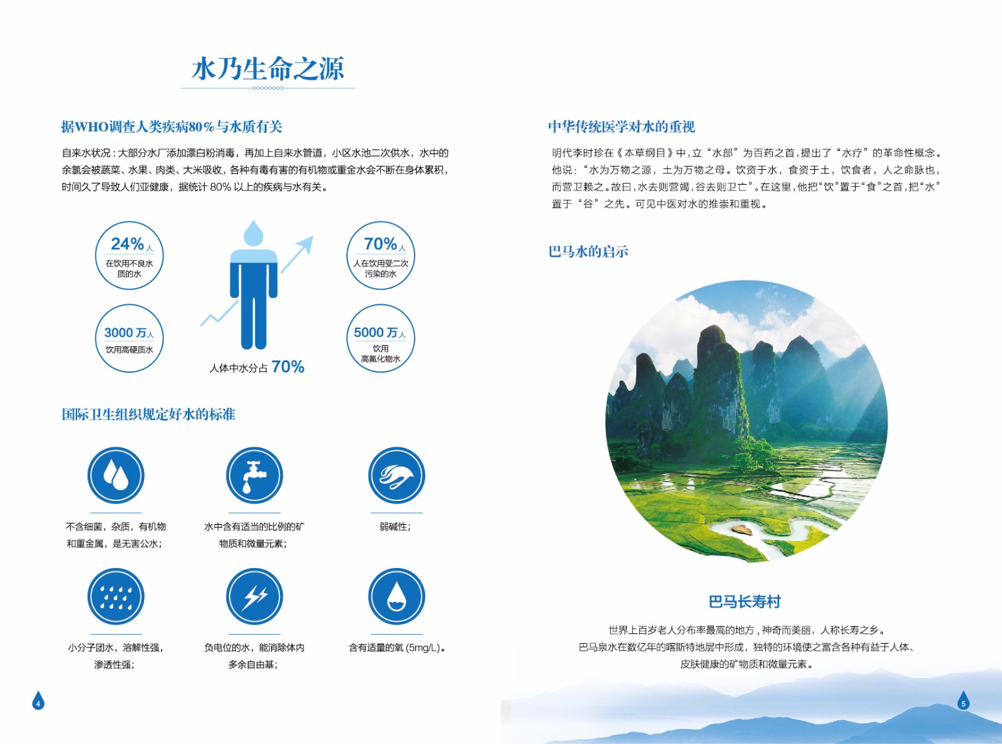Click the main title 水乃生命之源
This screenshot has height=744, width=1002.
268,69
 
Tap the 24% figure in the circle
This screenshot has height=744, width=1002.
127,244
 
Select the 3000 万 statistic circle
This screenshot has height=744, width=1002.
129,338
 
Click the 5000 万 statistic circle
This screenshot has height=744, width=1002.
380,338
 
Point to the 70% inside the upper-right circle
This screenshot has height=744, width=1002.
380,244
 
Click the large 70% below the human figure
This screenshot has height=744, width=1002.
288,367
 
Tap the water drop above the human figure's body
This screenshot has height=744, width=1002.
254,233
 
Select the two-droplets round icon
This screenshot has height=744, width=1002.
116,475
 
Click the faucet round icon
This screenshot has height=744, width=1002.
254,475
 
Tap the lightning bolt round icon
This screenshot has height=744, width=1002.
254,596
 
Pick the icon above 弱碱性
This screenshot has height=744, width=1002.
396,475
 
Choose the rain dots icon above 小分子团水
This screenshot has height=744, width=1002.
116,596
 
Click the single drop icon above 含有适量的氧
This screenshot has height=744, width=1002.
396,596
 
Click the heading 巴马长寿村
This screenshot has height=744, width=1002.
745,602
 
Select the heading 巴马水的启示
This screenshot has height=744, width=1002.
588,252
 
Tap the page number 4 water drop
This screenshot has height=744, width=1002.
38,701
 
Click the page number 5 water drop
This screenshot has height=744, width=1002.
963,701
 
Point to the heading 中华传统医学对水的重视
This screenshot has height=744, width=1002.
622,127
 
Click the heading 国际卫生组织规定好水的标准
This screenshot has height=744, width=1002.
148,414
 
